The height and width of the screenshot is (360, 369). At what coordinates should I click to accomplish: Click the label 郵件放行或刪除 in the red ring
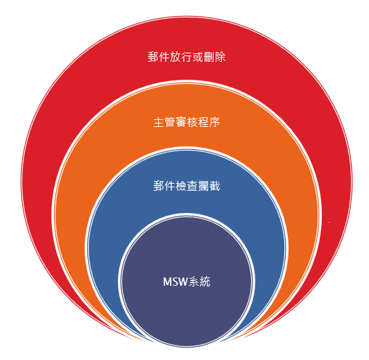coord(187,57)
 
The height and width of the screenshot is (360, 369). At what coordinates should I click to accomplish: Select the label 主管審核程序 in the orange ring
coord(187,122)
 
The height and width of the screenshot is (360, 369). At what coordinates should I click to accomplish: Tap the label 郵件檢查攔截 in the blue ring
coord(187,186)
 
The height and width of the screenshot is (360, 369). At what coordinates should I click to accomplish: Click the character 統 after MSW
coord(205,282)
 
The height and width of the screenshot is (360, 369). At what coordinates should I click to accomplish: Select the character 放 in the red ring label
coord(175,57)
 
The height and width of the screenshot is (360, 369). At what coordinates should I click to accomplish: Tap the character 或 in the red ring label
coord(198,57)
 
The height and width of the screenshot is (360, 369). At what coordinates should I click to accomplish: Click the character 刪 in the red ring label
coord(209,57)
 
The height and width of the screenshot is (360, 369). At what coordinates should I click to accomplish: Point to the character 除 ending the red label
coord(220,57)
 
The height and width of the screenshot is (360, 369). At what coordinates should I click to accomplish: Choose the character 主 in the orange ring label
coord(159,122)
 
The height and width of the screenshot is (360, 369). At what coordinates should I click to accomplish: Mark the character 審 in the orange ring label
coord(181,122)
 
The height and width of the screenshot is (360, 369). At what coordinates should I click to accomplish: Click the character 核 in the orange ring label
coord(192,122)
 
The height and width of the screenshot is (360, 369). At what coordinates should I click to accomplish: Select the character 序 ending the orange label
coord(214,122)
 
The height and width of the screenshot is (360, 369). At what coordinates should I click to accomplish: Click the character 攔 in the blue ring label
coord(203,186)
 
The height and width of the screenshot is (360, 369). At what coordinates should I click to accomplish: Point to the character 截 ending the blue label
coord(214,186)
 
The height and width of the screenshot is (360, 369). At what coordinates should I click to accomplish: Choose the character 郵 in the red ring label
coord(153,57)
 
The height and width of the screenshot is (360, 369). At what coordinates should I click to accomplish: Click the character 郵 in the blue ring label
coord(159,186)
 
